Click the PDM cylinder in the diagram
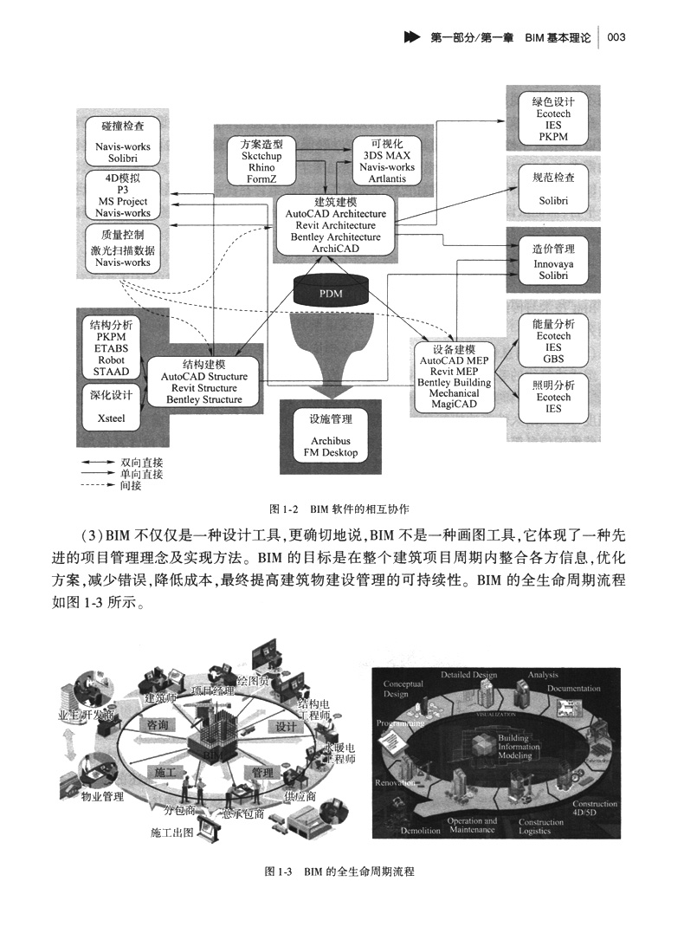tap(331, 292)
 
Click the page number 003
tap(616, 37)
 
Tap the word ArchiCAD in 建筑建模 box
tap(335, 249)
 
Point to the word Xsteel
tap(111, 418)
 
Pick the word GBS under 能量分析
tap(553, 359)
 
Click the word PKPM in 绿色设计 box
tap(553, 136)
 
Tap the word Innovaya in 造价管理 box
tap(553, 263)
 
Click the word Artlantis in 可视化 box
tap(387, 178)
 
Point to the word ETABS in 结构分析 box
tap(111, 348)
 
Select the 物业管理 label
tap(102, 795)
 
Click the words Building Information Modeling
tap(519, 747)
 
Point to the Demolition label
tap(421, 830)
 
